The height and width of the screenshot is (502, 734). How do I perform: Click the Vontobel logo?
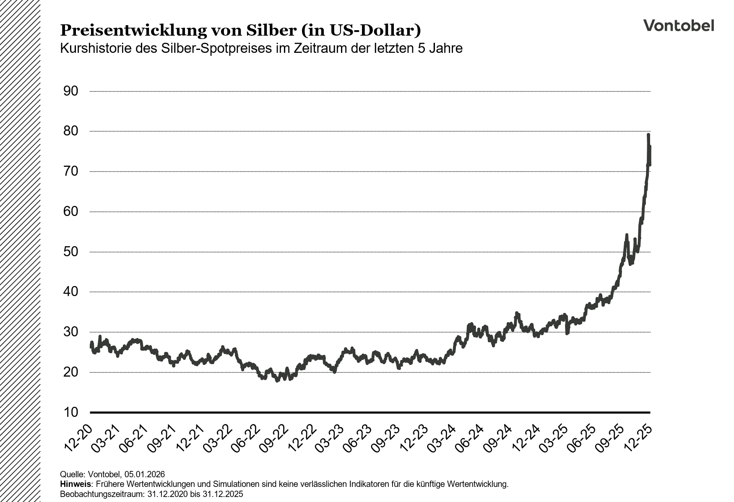[678, 26]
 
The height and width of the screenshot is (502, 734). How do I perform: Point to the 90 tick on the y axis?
[71, 91]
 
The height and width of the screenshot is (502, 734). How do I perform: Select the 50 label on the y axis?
[71, 252]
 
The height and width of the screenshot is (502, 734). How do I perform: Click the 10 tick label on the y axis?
[71, 412]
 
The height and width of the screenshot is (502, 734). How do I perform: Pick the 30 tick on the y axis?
[71, 332]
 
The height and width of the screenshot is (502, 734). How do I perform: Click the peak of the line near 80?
[648, 135]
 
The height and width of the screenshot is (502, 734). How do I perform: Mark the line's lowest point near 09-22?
[277, 380]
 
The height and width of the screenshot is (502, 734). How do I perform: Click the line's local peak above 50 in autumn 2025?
[627, 235]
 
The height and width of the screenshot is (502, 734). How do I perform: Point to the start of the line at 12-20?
[91, 346]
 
